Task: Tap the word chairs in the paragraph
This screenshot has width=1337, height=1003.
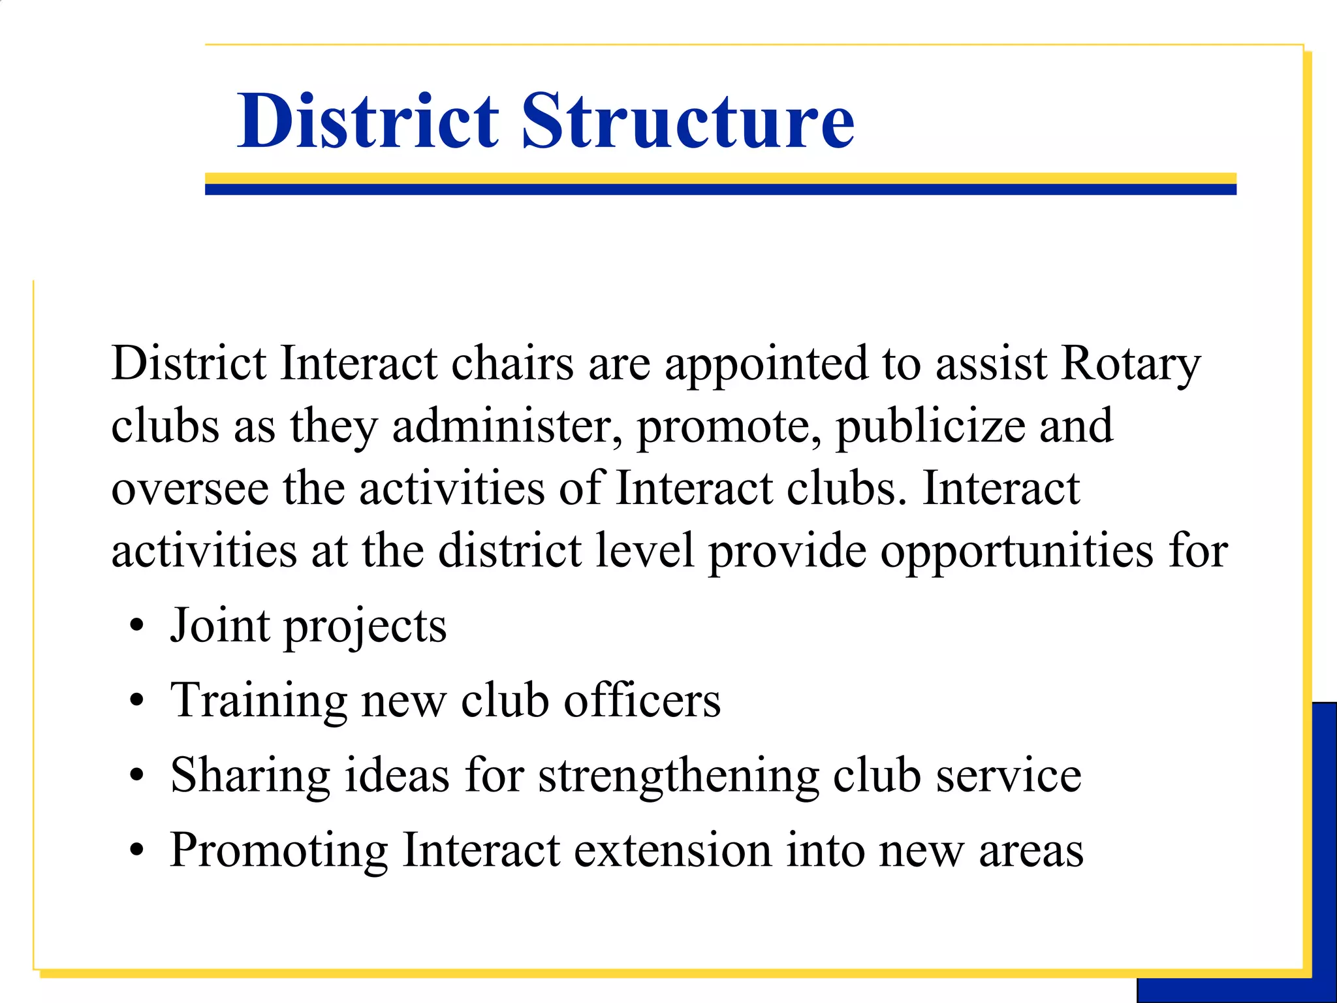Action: pos(512,364)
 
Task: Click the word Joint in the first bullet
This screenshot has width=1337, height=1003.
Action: pos(220,626)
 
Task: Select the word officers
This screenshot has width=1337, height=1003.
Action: pos(642,701)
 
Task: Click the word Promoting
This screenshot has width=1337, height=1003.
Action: pos(279,852)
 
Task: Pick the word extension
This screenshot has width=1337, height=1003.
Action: pos(673,850)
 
